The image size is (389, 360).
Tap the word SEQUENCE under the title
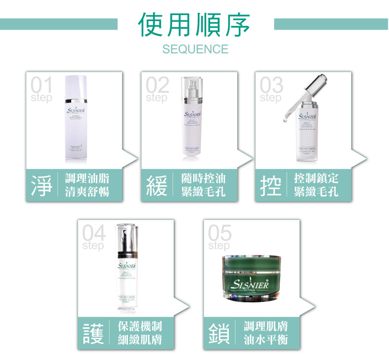tap(195, 49)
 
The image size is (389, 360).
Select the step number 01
tap(41, 85)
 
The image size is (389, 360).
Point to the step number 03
tap(271, 85)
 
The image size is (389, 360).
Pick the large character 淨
tap(42, 185)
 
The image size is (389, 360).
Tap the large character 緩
tap(157, 185)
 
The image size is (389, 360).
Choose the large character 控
tap(271, 185)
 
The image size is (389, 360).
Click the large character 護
tap(94, 333)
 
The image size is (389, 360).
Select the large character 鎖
tap(219, 333)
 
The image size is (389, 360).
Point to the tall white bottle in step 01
tap(76, 119)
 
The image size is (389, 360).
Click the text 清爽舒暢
tap(87, 191)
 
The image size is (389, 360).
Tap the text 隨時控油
tap(204, 178)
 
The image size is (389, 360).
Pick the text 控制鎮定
tap(316, 178)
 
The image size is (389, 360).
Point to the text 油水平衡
tap(266, 339)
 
